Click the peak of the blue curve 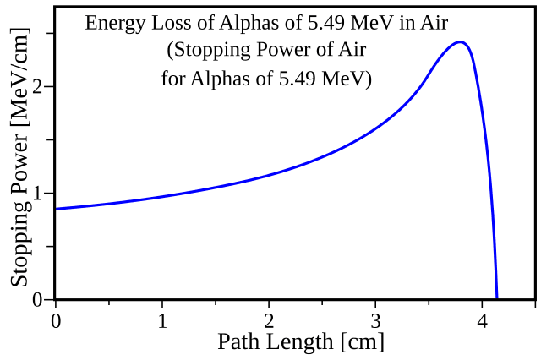click(x=460, y=42)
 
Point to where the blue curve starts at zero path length click(x=56, y=208)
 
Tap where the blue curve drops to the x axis click(x=496, y=297)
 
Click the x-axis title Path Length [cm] click(x=300, y=342)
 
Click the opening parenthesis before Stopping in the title click(x=169, y=52)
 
